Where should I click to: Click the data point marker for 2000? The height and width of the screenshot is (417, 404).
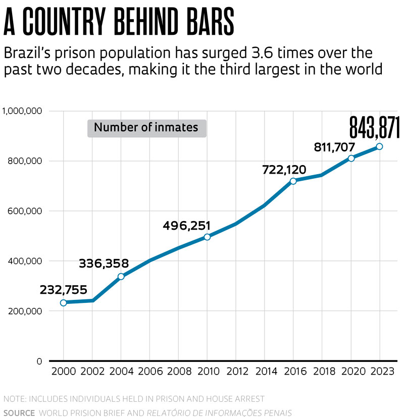pyautogui.click(x=64, y=303)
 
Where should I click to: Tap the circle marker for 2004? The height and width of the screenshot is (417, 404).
pyautogui.click(x=121, y=277)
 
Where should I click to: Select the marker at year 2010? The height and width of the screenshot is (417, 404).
pyautogui.click(x=207, y=237)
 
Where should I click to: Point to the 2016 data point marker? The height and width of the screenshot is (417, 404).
pyautogui.click(x=293, y=181)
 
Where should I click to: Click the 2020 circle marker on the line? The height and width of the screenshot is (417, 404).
pyautogui.click(x=351, y=158)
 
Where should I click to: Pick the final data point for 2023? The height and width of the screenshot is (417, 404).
pyautogui.click(x=379, y=146)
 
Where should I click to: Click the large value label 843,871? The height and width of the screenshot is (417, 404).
pyautogui.click(x=374, y=127)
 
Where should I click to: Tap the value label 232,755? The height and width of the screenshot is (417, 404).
pyautogui.click(x=63, y=290)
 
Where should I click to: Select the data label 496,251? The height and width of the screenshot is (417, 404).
pyautogui.click(x=186, y=226)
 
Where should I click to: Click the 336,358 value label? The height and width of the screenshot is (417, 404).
pyautogui.click(x=104, y=264)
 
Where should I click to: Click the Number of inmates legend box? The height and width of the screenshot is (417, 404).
pyautogui.click(x=146, y=128)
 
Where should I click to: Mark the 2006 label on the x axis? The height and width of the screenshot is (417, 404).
pyautogui.click(x=150, y=372)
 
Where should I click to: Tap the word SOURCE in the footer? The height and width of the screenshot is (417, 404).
pyautogui.click(x=19, y=412)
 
